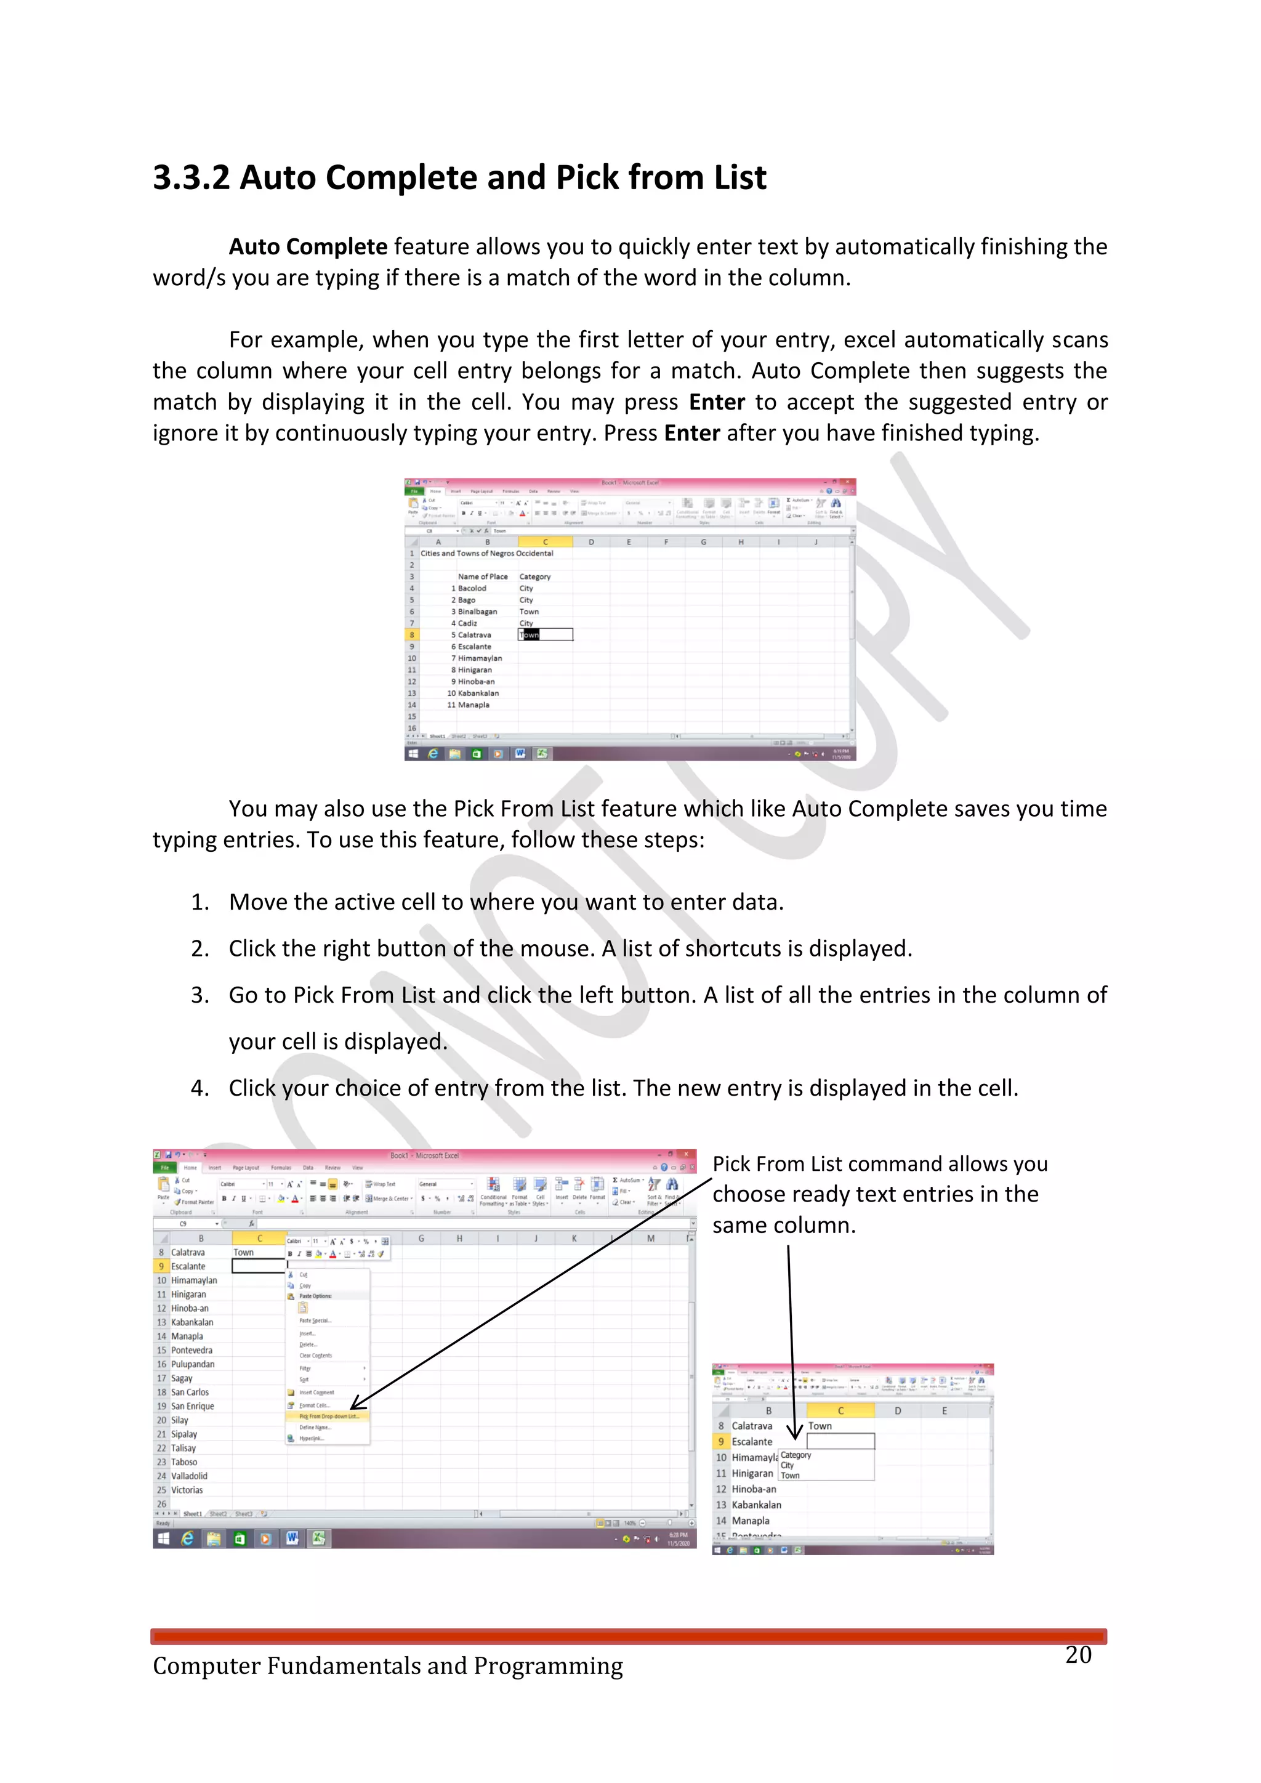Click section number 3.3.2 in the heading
[191, 178]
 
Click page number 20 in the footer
[1078, 1655]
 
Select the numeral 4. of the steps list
[199, 1088]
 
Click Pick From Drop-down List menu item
[328, 1417]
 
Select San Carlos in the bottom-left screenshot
[190, 1393]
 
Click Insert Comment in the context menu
[316, 1393]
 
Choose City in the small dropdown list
[788, 1465]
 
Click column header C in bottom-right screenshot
[840, 1411]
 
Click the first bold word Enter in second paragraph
[717, 402]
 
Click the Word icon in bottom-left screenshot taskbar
[292, 1538]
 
